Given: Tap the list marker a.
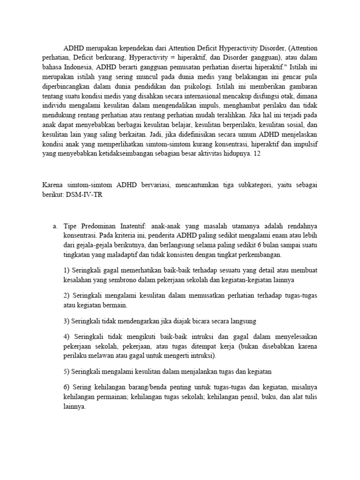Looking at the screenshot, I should pyautogui.click(x=54, y=226).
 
